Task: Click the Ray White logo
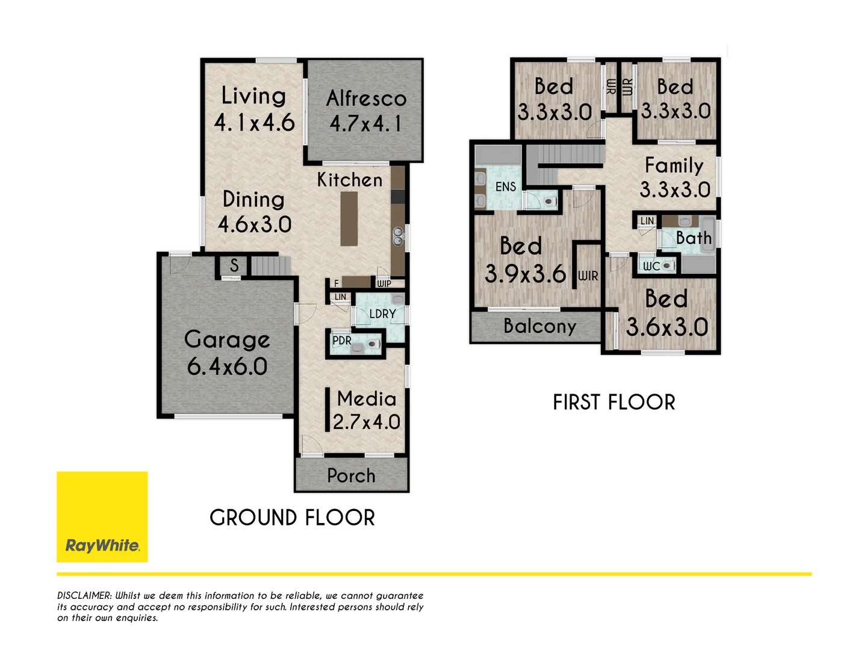pos(102,517)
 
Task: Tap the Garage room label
pos(227,340)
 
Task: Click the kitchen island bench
pos(349,219)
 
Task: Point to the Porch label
pos(351,476)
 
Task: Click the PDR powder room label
pos(342,341)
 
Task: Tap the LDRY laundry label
pos(382,314)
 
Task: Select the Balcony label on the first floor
pos(539,326)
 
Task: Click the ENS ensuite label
pos(506,187)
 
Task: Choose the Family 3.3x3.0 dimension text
pos(675,190)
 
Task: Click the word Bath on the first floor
pos(694,238)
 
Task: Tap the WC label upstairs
pos(651,266)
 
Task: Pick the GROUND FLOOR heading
pos(292,518)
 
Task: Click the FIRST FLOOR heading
pos(614,402)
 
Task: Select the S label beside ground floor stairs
pos(234,265)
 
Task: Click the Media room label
pos(366,398)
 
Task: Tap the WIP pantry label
pos(384,283)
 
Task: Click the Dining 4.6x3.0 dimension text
pos(255,225)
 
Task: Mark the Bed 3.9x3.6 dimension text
pos(525,274)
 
